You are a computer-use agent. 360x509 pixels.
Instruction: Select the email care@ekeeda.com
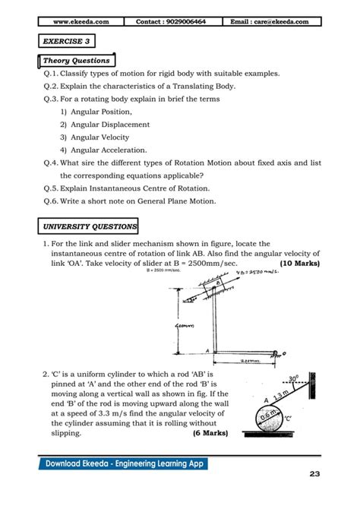point(270,22)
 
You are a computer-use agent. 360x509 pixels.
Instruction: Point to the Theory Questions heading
point(76,60)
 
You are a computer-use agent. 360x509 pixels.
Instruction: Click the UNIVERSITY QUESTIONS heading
point(88,226)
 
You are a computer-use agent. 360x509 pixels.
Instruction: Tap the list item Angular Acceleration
point(103,150)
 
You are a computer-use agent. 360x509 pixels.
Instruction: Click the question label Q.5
point(51,188)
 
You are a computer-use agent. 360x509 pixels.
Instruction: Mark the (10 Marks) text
point(300,263)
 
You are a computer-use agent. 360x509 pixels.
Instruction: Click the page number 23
point(314,475)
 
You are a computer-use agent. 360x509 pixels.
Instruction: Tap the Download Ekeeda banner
point(125,464)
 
